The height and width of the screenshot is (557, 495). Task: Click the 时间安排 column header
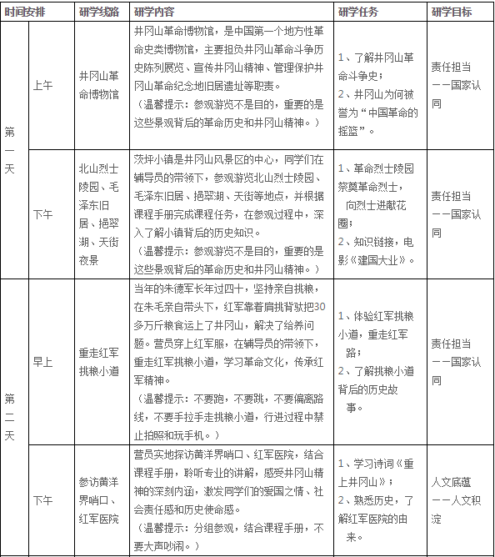click(27, 12)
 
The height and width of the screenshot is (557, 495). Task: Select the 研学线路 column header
click(97, 12)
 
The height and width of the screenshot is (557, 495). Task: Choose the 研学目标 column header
click(452, 12)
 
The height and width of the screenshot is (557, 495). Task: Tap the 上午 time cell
click(42, 84)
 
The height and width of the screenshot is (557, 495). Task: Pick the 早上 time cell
click(42, 362)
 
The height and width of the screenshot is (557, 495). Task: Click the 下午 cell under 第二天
click(42, 500)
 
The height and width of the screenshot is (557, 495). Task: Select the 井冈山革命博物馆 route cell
click(98, 84)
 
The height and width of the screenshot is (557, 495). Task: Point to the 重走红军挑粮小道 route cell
click(98, 361)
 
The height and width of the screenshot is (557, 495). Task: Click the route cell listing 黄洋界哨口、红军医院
click(98, 500)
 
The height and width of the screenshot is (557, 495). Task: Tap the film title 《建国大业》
click(383, 260)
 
